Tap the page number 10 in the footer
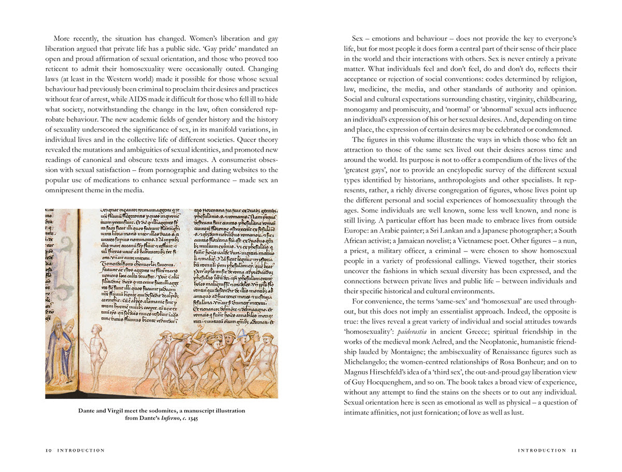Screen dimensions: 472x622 (x=48, y=451)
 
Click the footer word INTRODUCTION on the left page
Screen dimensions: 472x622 (x=81, y=451)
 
